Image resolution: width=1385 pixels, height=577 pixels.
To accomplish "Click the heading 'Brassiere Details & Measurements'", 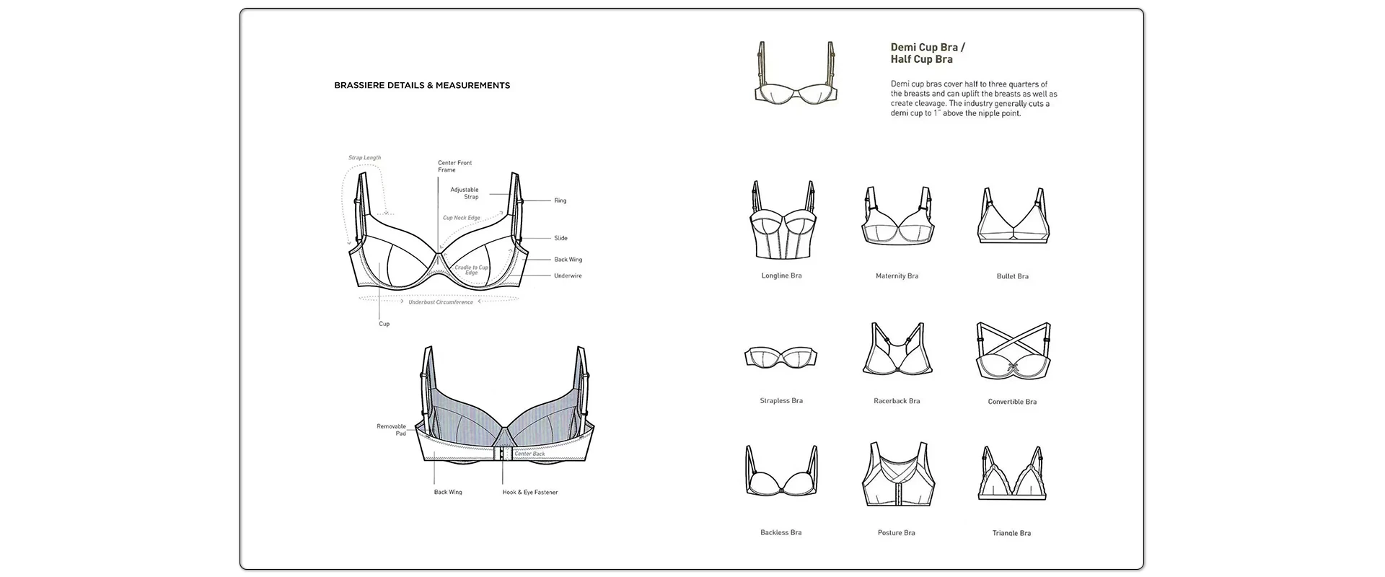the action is tap(422, 85).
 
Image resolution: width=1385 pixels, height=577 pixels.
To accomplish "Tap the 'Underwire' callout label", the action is tap(568, 276).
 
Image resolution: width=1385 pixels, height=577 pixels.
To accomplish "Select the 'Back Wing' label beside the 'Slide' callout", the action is tap(568, 260).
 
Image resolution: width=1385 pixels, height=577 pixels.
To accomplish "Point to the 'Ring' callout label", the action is tap(560, 201).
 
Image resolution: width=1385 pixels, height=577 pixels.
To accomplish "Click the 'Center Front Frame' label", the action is tap(454, 166).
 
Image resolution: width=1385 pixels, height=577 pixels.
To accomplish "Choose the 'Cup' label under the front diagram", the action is tap(384, 324).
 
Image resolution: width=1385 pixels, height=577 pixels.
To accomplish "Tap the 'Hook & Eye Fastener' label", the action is tap(530, 492).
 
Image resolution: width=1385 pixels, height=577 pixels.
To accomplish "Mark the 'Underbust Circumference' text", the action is tap(441, 302).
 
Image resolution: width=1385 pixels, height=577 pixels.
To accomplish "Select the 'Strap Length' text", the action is tap(364, 157).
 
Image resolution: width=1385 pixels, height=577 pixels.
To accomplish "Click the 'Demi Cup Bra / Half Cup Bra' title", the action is tap(927, 53).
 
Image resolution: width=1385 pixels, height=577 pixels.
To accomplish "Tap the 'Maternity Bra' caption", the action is tap(897, 276).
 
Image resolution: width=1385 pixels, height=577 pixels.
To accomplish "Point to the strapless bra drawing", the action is tap(781, 357).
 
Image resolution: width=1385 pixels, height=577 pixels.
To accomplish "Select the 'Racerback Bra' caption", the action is tap(897, 401).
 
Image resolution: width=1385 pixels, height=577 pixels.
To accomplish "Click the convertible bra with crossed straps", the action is tap(1013, 351).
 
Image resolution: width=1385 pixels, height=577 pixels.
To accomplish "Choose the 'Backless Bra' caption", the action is tap(781, 532).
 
